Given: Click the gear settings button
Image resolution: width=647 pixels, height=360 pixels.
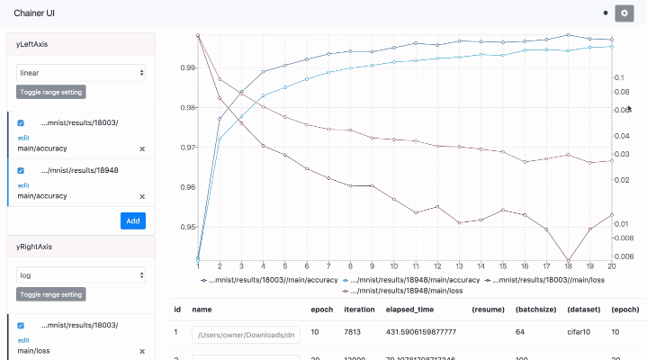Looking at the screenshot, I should click(625, 13).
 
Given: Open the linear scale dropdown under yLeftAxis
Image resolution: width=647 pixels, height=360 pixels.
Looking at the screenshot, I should click(81, 72).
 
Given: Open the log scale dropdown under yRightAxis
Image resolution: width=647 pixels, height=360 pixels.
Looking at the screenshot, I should click(81, 274).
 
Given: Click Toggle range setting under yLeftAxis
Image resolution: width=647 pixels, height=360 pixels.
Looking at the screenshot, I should click(51, 92).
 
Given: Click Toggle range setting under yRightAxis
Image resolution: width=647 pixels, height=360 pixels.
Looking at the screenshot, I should click(51, 294).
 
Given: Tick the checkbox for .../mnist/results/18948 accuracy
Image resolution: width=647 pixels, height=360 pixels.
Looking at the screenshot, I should click(21, 169).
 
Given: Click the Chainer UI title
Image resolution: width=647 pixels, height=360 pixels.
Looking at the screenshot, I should click(34, 13).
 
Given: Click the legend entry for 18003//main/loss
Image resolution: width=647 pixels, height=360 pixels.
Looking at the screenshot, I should click(549, 280).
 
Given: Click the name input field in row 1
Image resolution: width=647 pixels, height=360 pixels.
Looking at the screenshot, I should click(246, 334).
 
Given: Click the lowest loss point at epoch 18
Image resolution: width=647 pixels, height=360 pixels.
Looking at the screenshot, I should click(568, 260).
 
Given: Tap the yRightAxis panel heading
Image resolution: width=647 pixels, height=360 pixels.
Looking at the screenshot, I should click(33, 245).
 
